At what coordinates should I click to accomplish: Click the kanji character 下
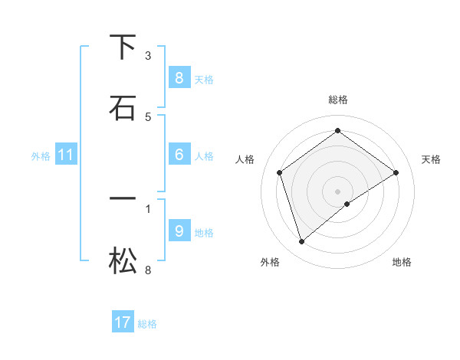pyautogui.click(x=123, y=47)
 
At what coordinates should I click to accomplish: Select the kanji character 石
pyautogui.click(x=123, y=108)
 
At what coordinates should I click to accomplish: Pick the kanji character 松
pyautogui.click(x=123, y=262)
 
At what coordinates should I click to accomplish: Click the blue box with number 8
pyautogui.click(x=179, y=77)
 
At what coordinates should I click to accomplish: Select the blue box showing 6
pyautogui.click(x=179, y=155)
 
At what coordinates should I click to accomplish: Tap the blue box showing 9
pyautogui.click(x=179, y=231)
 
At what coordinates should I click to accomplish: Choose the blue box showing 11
pyautogui.click(x=66, y=155)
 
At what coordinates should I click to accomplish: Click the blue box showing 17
pyautogui.click(x=123, y=322)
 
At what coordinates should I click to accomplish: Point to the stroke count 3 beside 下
pyautogui.click(x=148, y=56)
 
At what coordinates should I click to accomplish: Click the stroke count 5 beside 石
pyautogui.click(x=148, y=116)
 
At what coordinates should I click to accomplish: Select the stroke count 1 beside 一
pyautogui.click(x=148, y=208)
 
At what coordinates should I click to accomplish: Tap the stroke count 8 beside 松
pyautogui.click(x=148, y=270)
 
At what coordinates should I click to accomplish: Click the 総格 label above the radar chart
pyautogui.click(x=338, y=100)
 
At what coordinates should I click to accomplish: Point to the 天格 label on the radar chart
pyautogui.click(x=432, y=159)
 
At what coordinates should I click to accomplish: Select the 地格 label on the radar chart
pyautogui.click(x=402, y=262)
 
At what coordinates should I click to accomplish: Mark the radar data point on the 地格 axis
pyautogui.click(x=347, y=204)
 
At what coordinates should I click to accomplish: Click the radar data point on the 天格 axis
pyautogui.click(x=396, y=172)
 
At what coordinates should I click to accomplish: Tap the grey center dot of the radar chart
pyautogui.click(x=338, y=191)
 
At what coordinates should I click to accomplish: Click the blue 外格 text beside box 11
pyautogui.click(x=41, y=156)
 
